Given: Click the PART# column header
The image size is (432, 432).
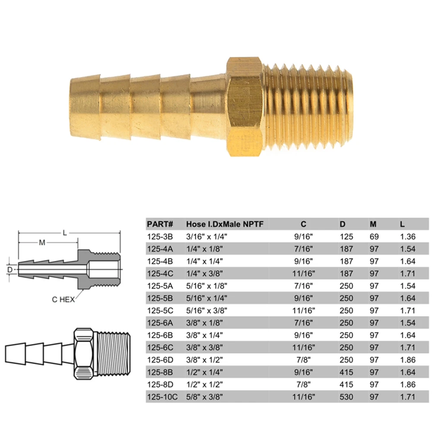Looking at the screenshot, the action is click(x=160, y=224).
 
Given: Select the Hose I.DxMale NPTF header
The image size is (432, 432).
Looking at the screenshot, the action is click(x=225, y=224).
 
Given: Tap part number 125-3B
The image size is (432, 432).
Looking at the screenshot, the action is click(x=160, y=237).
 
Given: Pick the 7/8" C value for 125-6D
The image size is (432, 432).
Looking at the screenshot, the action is click(x=303, y=360).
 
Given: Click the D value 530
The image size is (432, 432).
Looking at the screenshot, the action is click(x=346, y=397).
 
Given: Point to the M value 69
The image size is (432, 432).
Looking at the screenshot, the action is click(x=374, y=237).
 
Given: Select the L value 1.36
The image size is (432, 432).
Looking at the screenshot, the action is click(x=408, y=237).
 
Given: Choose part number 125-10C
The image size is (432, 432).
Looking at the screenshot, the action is click(x=162, y=397).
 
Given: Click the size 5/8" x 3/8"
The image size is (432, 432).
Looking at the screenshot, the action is click(x=204, y=397).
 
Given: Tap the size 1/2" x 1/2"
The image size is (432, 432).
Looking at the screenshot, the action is click(x=204, y=384).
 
